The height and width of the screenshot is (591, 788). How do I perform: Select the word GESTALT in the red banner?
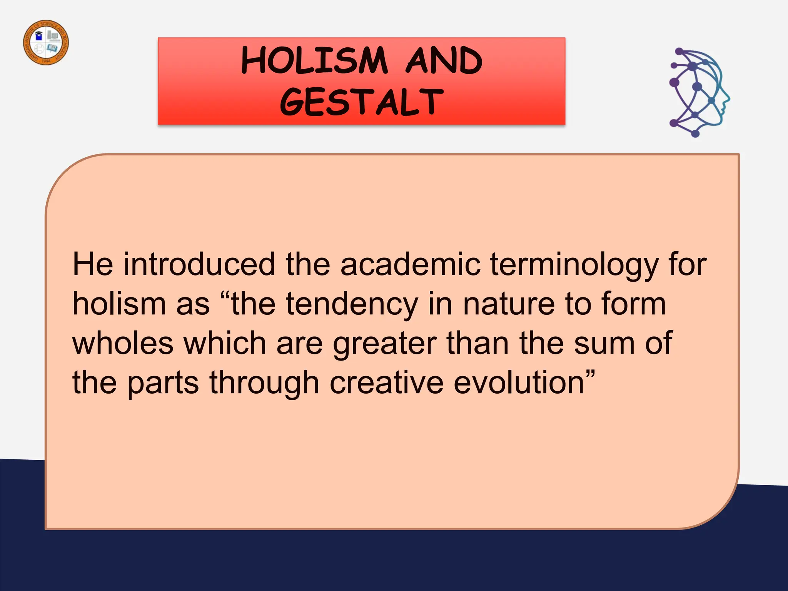click(361, 102)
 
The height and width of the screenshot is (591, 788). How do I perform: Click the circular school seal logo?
click(46, 42)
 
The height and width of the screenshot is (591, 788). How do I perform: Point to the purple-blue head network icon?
click(698, 93)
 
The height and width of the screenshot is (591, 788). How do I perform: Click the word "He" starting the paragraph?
click(93, 264)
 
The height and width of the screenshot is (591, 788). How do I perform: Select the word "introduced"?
click(199, 264)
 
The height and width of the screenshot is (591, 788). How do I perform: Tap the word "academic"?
click(410, 264)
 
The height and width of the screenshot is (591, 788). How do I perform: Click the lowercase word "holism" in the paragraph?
click(119, 304)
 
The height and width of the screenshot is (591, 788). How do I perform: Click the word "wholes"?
click(123, 343)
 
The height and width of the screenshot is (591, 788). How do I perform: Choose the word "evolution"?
click(519, 382)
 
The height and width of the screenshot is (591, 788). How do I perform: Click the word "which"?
click(225, 343)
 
